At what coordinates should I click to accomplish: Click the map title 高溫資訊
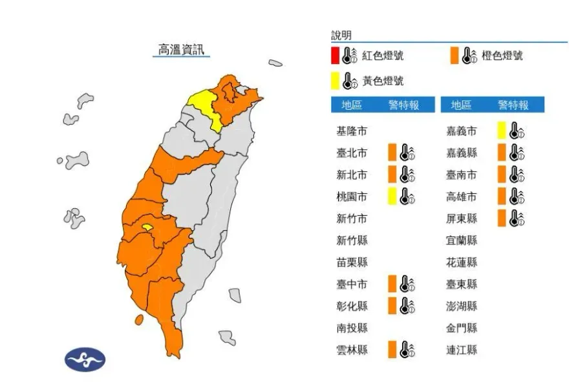coord(181,48)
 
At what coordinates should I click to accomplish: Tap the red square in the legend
coord(334,56)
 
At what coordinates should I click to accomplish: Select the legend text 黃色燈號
coord(382,81)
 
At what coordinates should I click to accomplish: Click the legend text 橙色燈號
coord(502,56)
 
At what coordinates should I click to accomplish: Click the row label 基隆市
coord(352,131)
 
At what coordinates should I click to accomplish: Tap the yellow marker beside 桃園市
coord(392,196)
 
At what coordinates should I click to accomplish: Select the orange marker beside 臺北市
coord(392,153)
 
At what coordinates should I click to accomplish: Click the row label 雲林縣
coord(352,350)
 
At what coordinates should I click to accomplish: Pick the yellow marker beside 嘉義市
coord(501,131)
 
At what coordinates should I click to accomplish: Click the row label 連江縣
coord(462,350)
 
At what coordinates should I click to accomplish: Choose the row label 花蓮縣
coord(462,262)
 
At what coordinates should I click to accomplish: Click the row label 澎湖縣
coord(462,306)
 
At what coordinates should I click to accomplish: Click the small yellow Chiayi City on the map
coord(148,227)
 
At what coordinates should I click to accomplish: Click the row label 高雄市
coord(462,196)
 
